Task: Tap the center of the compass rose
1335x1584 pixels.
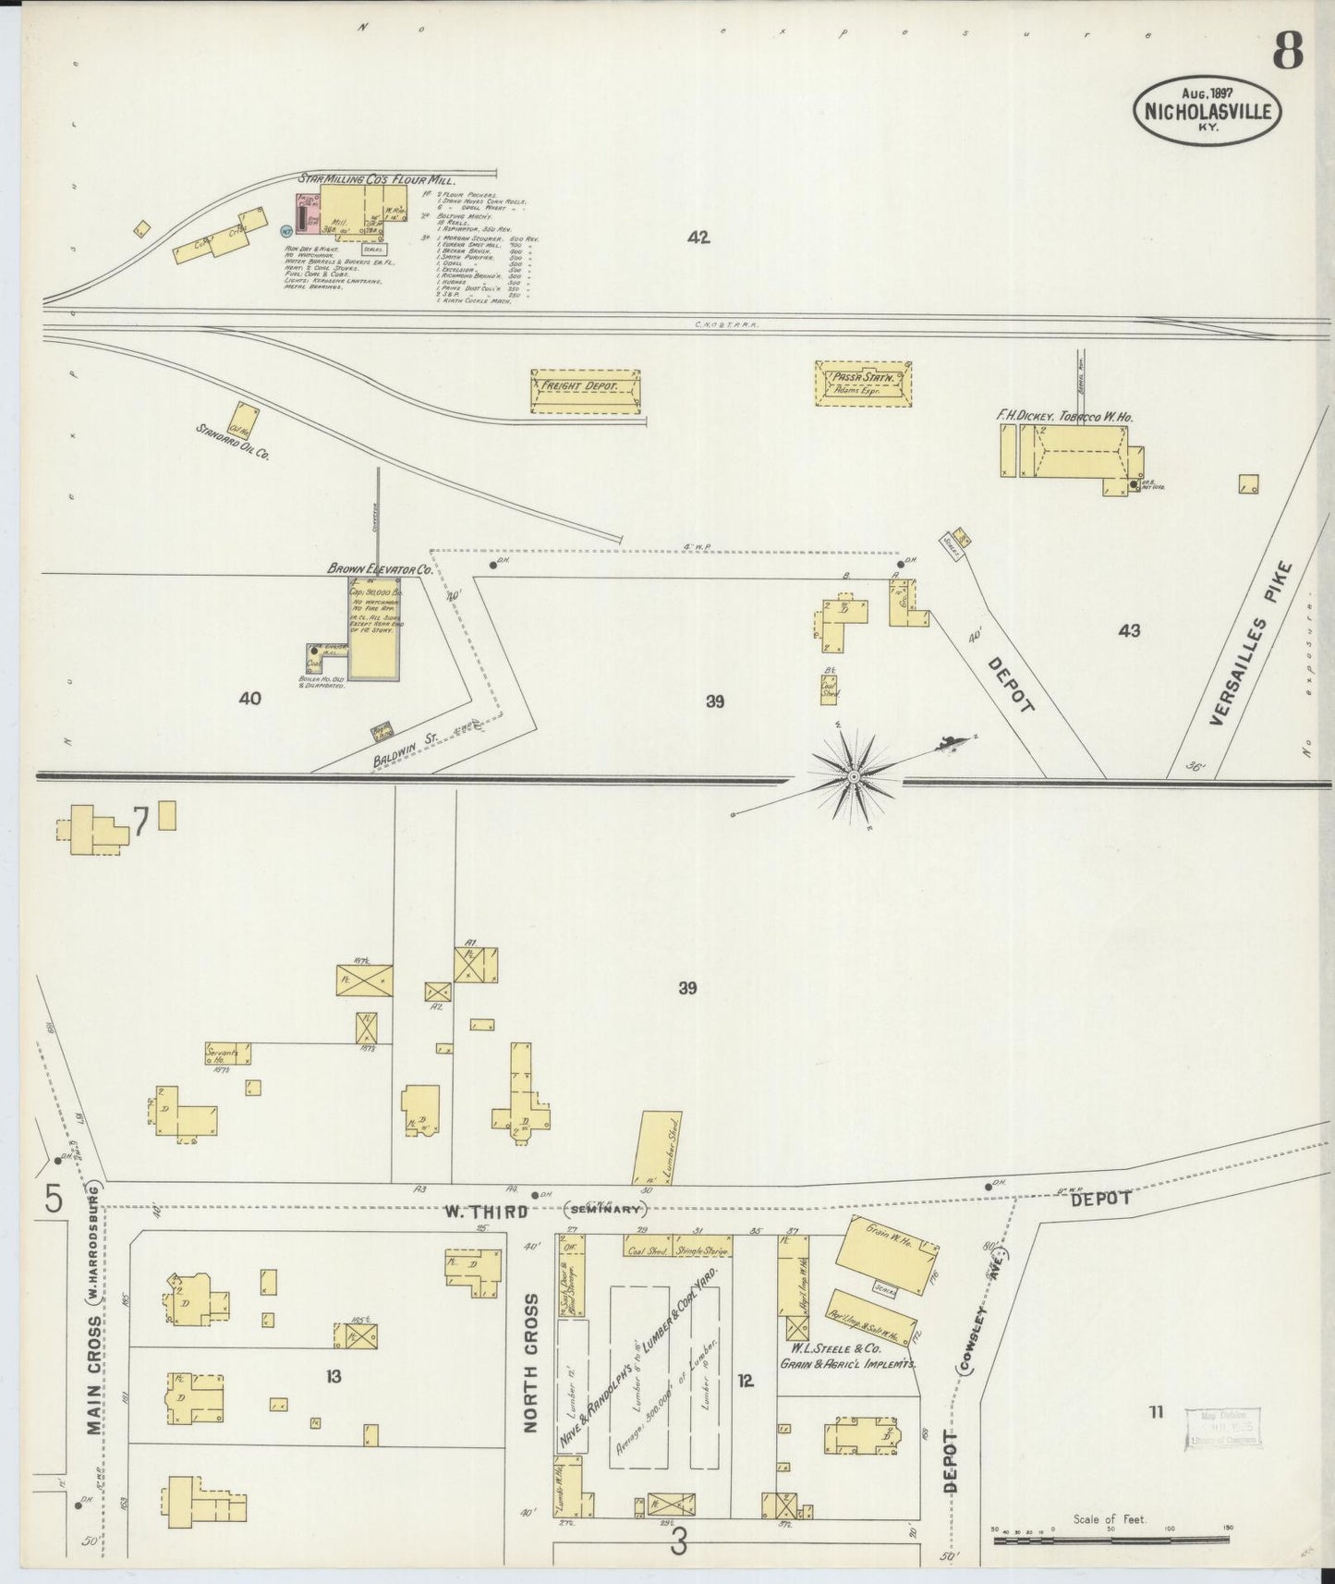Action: click(855, 777)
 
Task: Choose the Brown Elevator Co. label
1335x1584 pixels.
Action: click(379, 569)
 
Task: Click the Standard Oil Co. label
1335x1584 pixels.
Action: click(231, 443)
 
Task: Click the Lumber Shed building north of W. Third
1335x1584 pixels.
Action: click(656, 1147)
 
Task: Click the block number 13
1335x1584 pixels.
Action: click(333, 1376)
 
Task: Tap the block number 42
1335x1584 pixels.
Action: click(698, 238)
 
